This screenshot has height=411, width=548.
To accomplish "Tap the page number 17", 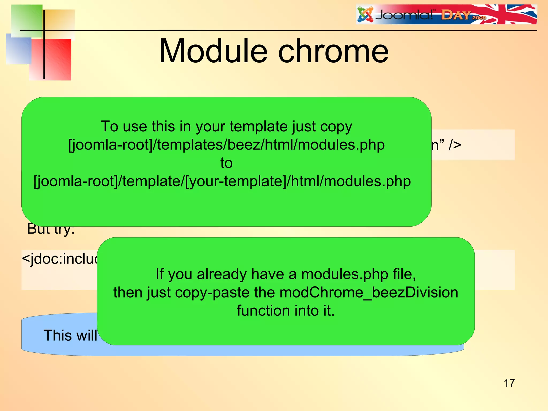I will click(x=509, y=383).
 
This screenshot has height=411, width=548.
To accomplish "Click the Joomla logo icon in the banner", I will click(x=365, y=15).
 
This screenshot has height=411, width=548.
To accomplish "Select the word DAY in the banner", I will click(x=456, y=15).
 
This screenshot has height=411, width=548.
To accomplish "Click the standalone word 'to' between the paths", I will click(x=226, y=163).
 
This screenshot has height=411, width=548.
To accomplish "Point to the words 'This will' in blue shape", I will click(x=70, y=335).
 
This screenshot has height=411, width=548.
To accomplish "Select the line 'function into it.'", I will click(x=286, y=311).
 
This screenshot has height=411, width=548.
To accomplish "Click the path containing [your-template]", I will click(x=222, y=181).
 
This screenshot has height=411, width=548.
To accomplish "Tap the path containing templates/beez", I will click(x=226, y=145).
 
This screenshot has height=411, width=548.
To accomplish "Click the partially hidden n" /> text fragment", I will click(x=446, y=145).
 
